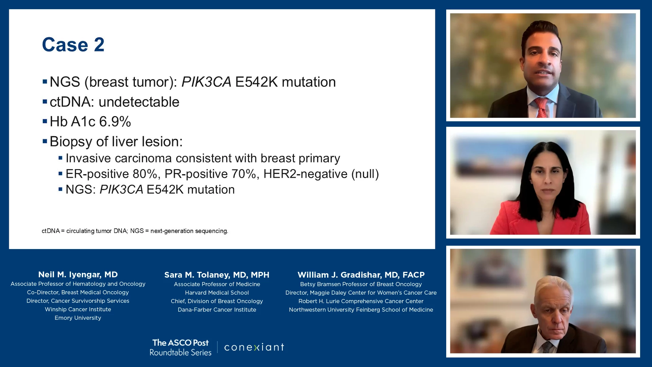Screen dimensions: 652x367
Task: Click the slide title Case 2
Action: [x=73, y=45]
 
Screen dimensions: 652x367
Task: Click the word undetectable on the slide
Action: [x=139, y=102]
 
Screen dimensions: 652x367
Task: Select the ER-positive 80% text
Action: [x=111, y=174]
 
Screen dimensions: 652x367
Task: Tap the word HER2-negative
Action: [x=306, y=174]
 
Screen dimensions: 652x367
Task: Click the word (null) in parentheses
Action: [x=365, y=174]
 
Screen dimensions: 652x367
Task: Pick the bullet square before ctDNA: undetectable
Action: [x=45, y=101]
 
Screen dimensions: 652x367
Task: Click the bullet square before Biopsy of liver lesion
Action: [x=45, y=141]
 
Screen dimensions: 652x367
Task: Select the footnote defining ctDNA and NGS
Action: [x=135, y=231]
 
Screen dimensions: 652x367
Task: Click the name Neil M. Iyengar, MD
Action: [x=78, y=275]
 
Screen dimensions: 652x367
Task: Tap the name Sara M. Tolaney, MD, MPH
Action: [x=217, y=275]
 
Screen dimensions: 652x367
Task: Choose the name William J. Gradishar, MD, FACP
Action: [x=361, y=275]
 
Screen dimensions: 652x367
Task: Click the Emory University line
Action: [x=78, y=318]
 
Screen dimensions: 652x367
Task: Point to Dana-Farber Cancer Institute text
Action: [x=217, y=310]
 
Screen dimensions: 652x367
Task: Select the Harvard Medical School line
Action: [x=217, y=293]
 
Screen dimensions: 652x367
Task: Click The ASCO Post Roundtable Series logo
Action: [x=181, y=347]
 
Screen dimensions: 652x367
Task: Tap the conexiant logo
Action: [x=254, y=347]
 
